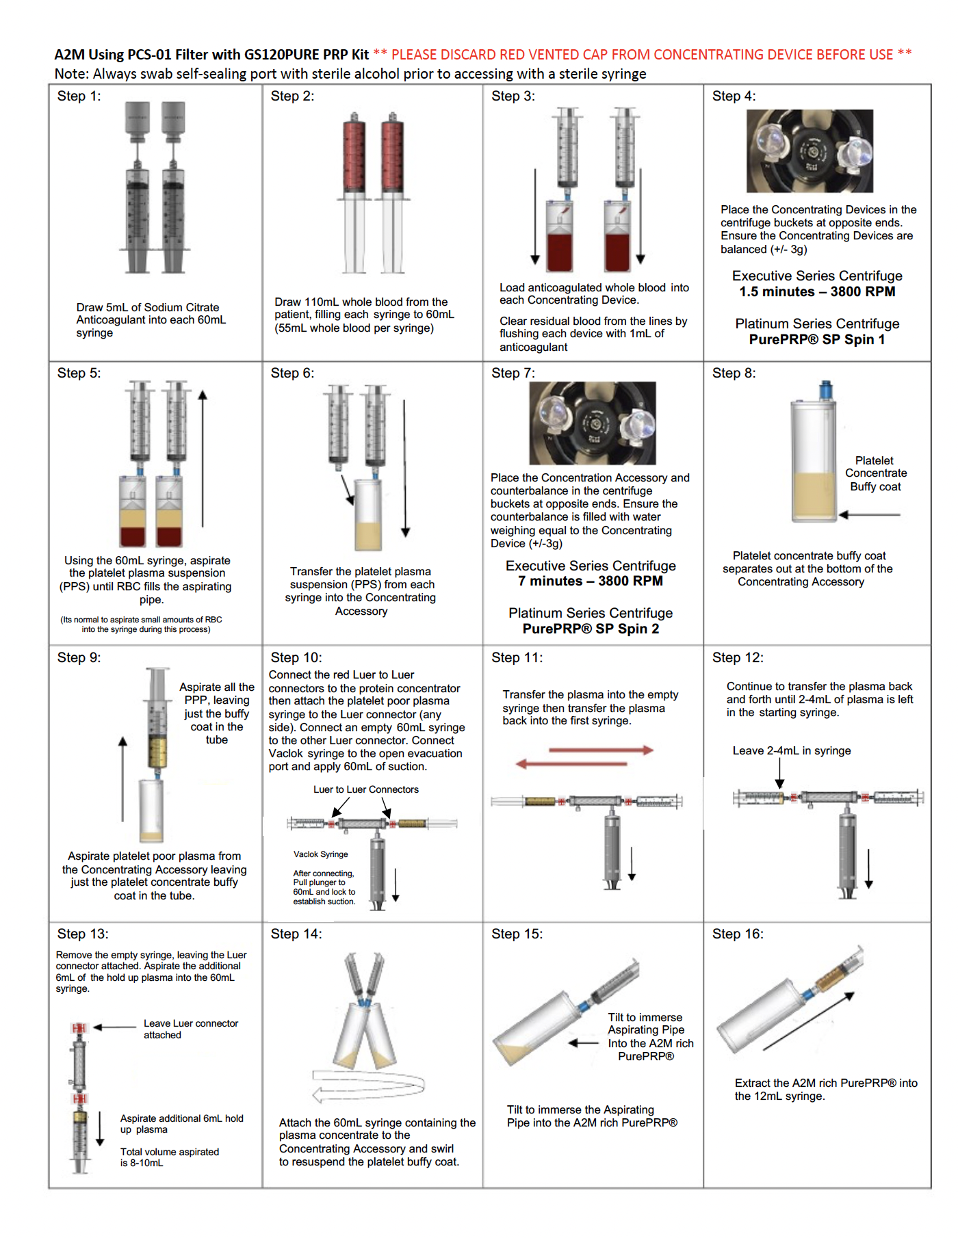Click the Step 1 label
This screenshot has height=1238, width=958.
pyautogui.click(x=79, y=96)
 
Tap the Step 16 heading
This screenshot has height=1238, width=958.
pyautogui.click(x=738, y=934)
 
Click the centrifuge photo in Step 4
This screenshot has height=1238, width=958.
pyautogui.click(x=810, y=150)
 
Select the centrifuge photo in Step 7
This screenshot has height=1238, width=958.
pyautogui.click(x=593, y=423)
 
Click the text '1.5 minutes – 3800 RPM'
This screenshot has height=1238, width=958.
pyautogui.click(x=817, y=292)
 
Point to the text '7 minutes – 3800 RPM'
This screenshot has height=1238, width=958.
pyautogui.click(x=591, y=581)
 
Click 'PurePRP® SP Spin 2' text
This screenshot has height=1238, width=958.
pyautogui.click(x=591, y=629)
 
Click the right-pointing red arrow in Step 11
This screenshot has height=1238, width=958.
pyautogui.click(x=601, y=750)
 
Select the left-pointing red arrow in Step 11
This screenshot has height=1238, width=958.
pyautogui.click(x=571, y=763)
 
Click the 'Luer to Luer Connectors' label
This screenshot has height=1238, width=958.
pyautogui.click(x=366, y=790)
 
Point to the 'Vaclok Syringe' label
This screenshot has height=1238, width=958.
pyautogui.click(x=321, y=854)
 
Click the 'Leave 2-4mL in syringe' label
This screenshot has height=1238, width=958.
pyautogui.click(x=792, y=751)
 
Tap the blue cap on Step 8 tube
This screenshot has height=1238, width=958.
pyautogui.click(x=826, y=390)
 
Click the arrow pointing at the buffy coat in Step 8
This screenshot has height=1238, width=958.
pyautogui.click(x=870, y=514)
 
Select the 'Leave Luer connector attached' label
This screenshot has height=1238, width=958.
pyautogui.click(x=191, y=1029)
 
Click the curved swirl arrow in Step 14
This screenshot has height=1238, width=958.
pyautogui.click(x=369, y=1084)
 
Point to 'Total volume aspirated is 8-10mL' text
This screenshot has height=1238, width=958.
pyautogui.click(x=170, y=1157)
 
